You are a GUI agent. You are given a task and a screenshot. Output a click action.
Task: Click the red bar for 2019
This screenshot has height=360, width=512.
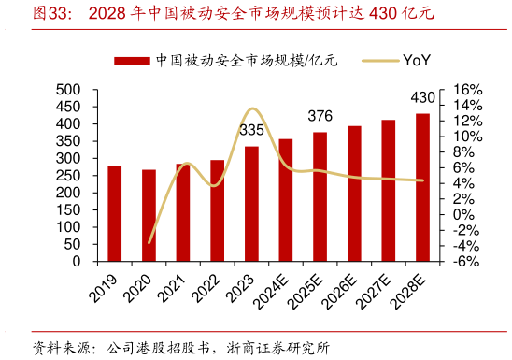(115, 214)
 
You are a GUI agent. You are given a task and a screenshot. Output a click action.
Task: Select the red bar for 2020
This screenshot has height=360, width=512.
(149, 216)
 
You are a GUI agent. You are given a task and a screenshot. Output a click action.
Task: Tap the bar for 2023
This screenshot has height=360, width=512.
(251, 204)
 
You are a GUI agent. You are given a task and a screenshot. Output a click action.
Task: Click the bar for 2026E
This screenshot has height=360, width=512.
(354, 194)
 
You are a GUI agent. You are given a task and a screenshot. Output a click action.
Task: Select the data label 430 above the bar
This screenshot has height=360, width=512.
(422, 97)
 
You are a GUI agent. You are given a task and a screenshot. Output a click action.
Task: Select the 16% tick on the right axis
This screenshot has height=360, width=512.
(464, 90)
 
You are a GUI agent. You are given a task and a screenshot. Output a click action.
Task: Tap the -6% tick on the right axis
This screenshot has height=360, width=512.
(464, 262)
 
